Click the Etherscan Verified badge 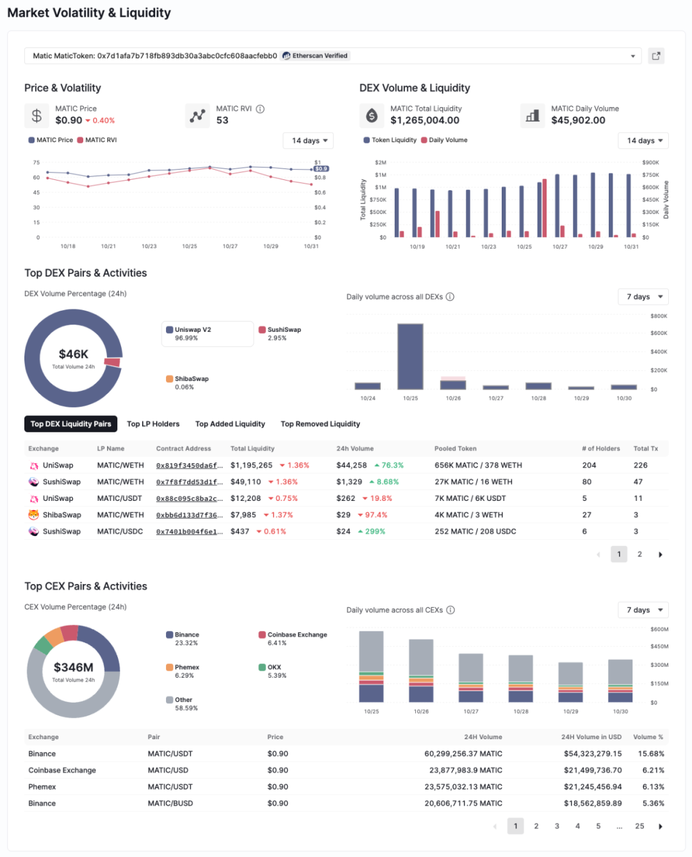[315, 56]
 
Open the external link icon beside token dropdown [656, 56]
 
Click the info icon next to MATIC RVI [260, 109]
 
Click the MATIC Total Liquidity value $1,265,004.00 [425, 120]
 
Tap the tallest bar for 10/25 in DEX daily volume [410, 356]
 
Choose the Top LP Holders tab [153, 424]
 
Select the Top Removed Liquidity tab [320, 424]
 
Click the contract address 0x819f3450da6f [189, 466]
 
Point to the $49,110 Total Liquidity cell [246, 482]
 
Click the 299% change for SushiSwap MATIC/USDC [375, 532]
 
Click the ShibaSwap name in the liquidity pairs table [62, 515]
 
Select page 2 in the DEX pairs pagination [639, 554]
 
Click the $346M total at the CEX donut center [73, 667]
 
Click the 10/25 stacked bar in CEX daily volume [372, 666]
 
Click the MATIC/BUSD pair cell [170, 803]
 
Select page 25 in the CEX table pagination [639, 826]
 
